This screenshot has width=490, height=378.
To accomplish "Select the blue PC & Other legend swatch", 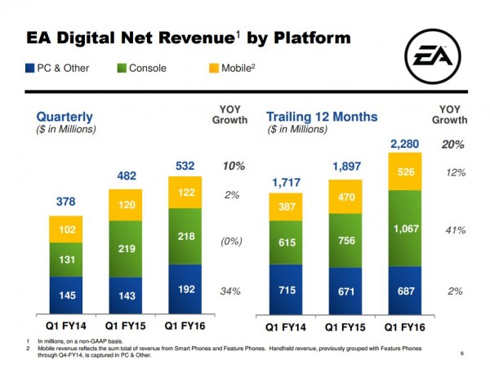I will coord(30,67).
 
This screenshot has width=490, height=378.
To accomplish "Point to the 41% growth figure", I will coord(455,230).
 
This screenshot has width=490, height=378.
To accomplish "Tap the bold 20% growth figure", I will coord(453,145).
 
